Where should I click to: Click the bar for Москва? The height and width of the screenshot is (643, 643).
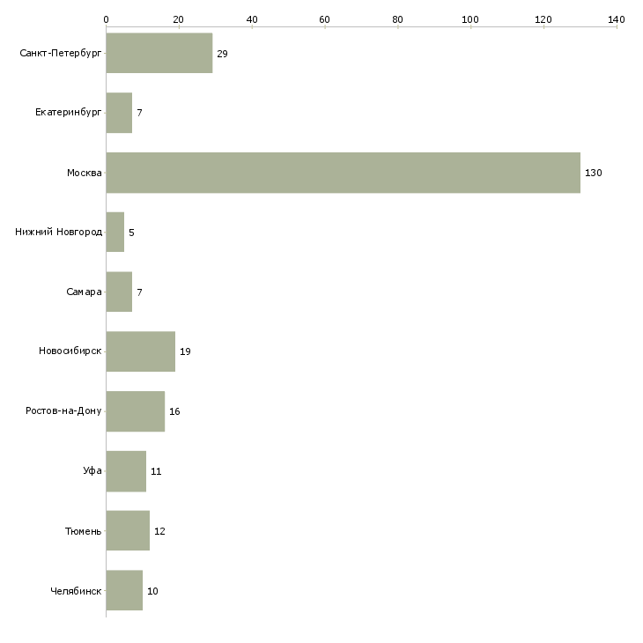point(343,173)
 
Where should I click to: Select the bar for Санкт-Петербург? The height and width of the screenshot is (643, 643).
point(159,54)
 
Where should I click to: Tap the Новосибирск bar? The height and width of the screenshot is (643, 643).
point(140,351)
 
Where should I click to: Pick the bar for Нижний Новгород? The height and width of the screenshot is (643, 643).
point(115,233)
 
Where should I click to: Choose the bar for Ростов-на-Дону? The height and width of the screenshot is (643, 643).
point(135,411)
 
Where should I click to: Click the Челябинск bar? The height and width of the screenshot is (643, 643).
point(124,590)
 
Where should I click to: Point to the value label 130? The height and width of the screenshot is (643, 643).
point(594,173)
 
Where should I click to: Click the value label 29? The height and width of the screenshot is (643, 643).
point(222,54)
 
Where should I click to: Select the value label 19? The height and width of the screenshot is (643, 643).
point(185,351)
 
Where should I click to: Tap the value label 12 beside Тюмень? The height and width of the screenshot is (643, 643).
point(159,531)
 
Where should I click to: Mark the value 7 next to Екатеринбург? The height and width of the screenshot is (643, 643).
point(139,114)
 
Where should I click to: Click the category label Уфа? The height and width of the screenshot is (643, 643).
point(92,471)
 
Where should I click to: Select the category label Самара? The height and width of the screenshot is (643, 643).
point(84,292)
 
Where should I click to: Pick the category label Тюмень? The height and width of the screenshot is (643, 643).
point(84,531)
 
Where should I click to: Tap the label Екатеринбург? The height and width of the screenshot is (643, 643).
point(69,114)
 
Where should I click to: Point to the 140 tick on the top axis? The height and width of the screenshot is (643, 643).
point(617,18)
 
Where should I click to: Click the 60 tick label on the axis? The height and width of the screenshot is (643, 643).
point(325,18)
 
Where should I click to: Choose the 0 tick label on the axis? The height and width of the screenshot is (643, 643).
point(106,18)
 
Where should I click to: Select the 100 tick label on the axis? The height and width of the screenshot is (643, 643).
point(470,18)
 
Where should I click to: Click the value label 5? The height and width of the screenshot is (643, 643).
point(131,233)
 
